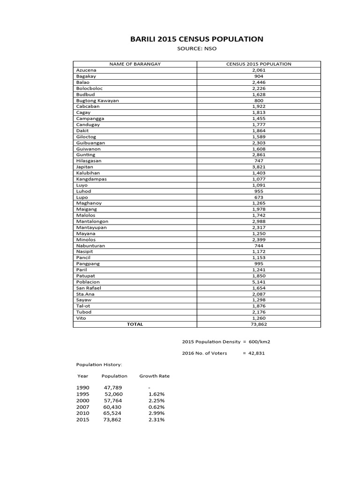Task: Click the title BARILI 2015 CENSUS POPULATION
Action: tap(196, 39)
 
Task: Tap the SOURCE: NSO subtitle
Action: tap(196, 49)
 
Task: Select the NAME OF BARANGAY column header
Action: tap(135, 64)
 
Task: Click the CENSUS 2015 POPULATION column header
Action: tap(259, 64)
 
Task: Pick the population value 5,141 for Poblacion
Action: tap(259, 282)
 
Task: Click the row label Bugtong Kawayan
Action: tap(97, 100)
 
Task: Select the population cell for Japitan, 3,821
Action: tap(259, 167)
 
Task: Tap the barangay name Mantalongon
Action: tap(92, 221)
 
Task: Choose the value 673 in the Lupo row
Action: tap(259, 197)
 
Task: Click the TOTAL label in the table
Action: tap(135, 324)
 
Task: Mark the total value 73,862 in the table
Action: tap(259, 324)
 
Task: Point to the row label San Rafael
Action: tap(89, 288)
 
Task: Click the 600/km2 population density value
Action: tap(259, 341)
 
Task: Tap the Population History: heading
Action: tap(99, 364)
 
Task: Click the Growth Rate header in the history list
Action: tap(155, 376)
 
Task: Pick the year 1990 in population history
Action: tap(82, 388)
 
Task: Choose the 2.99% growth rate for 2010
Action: tap(156, 413)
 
